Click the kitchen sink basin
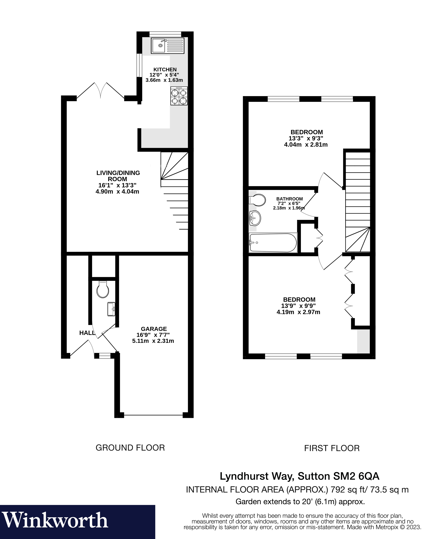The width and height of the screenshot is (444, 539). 159,46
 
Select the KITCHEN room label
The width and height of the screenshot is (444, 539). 165,69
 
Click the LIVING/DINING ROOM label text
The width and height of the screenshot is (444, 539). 118,176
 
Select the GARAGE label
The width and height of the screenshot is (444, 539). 154,329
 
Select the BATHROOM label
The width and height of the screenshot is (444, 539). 289,199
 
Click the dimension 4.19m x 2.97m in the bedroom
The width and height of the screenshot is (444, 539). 298,312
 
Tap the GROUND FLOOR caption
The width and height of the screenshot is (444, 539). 130,448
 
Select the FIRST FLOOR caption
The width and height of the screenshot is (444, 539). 332,448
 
